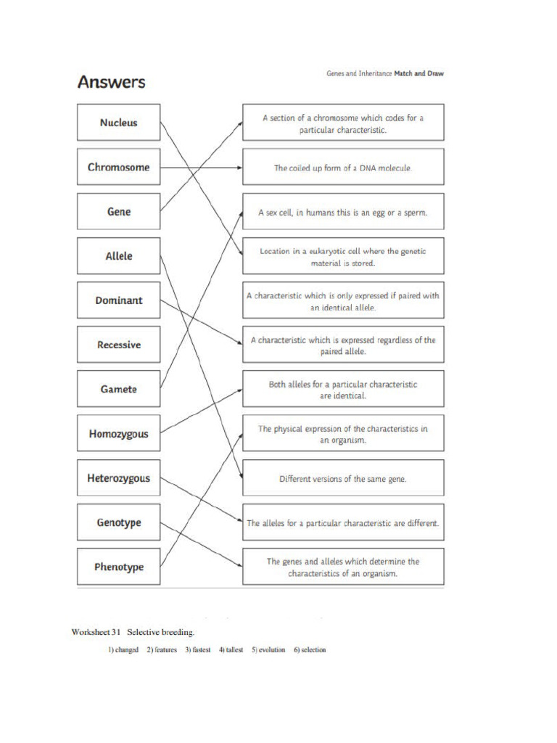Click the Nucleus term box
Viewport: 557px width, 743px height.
pyautogui.click(x=118, y=123)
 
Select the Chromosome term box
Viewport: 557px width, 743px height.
pyautogui.click(x=118, y=167)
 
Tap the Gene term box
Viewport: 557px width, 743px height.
pyautogui.click(x=118, y=212)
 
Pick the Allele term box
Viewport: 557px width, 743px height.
pyautogui.click(x=118, y=256)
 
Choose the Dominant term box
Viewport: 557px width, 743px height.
pyautogui.click(x=118, y=300)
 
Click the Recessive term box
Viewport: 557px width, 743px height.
pyautogui.click(x=118, y=345)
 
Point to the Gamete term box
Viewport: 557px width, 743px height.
pyautogui.click(x=118, y=389)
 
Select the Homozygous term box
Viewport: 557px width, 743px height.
pyautogui.click(x=118, y=434)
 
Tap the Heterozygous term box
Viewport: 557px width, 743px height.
pyautogui.click(x=118, y=478)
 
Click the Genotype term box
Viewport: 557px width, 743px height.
pyautogui.click(x=118, y=522)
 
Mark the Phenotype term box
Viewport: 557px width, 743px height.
pyautogui.click(x=118, y=567)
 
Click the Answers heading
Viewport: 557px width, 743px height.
pyautogui.click(x=111, y=82)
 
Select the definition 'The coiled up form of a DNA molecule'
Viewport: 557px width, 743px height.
pyautogui.click(x=343, y=168)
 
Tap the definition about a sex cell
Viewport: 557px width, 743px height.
pyautogui.click(x=343, y=213)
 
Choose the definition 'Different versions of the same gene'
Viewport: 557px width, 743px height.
pyautogui.click(x=343, y=479)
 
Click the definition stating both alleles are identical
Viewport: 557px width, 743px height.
pyautogui.click(x=343, y=390)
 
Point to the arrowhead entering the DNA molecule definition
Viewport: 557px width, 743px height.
pyautogui.click(x=239, y=168)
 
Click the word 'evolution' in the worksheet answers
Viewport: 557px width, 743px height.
pyautogui.click(x=268, y=650)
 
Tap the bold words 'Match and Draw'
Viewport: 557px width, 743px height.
pyautogui.click(x=418, y=74)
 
